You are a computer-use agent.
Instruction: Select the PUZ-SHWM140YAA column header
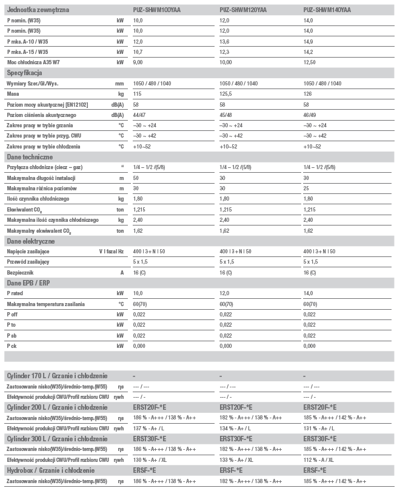[325, 10]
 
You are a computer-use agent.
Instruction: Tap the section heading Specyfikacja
[25, 73]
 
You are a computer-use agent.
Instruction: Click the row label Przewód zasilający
[28, 262]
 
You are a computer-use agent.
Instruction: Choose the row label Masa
[13, 94]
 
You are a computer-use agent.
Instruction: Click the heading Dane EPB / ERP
[28, 283]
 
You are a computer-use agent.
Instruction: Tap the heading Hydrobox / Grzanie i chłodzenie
[50, 470]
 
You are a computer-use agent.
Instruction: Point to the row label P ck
[13, 346]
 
